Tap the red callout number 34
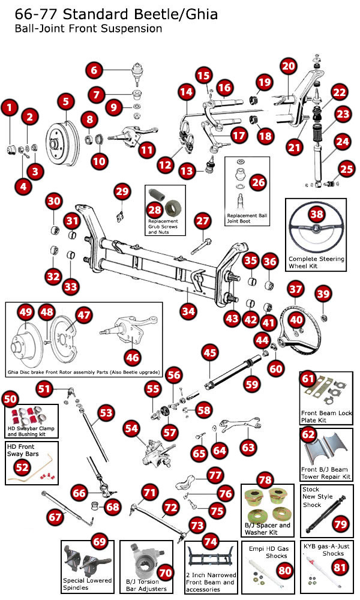[x=188, y=311]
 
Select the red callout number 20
[x=288, y=67]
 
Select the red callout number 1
[x=8, y=108]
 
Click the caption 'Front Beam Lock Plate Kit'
[x=326, y=417]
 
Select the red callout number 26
[x=257, y=181]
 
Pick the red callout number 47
[x=84, y=315]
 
